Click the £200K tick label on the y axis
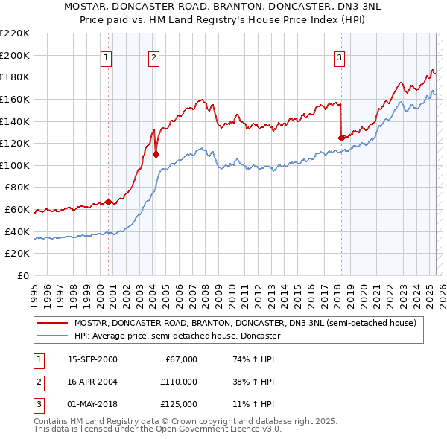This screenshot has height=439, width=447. click(x=15, y=55)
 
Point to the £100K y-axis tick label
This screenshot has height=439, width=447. click(x=15, y=165)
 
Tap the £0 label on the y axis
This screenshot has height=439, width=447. click(x=23, y=276)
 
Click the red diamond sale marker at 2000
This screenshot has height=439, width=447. click(x=109, y=202)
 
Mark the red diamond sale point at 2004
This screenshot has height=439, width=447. click(x=156, y=154)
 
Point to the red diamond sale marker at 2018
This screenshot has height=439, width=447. click(x=341, y=138)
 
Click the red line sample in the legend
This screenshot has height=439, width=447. click(x=53, y=323)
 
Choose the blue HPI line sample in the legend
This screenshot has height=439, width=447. click(x=53, y=336)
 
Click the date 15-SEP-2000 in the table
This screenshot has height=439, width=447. click(x=92, y=359)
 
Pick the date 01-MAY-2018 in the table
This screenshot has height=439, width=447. click(x=92, y=404)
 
